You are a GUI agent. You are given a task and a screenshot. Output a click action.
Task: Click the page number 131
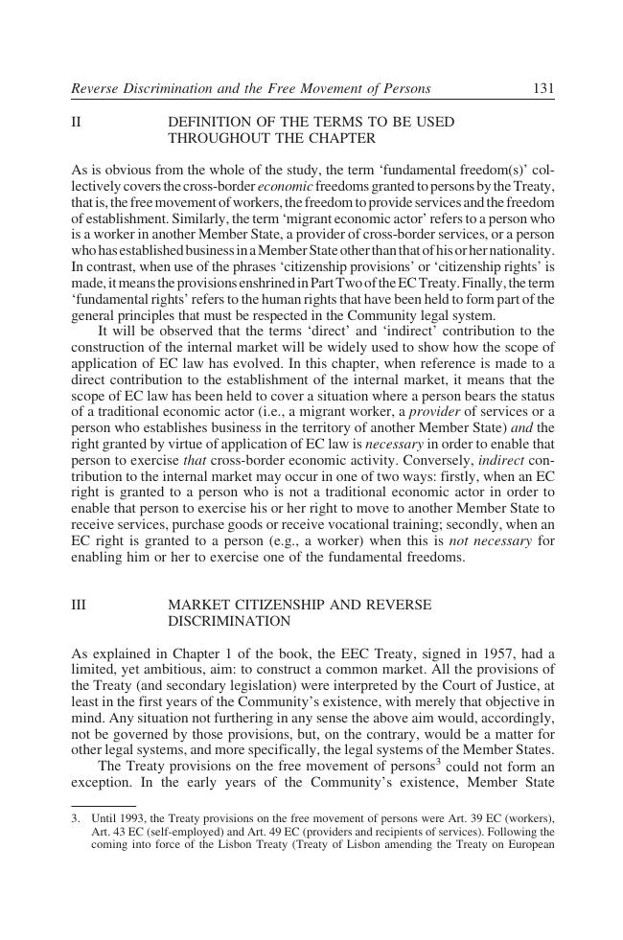(x=543, y=89)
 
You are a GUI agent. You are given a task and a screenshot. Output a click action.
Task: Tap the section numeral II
(x=76, y=123)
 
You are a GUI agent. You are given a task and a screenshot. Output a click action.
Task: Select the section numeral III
(x=79, y=606)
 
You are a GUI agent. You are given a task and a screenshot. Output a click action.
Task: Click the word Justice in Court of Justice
(x=516, y=687)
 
